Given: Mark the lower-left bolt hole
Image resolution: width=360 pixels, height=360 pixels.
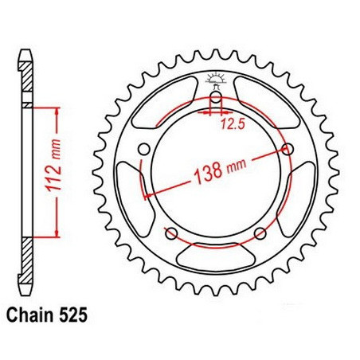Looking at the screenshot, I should click(170, 233).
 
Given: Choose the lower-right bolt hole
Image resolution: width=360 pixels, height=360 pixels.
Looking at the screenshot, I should click(259, 233).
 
